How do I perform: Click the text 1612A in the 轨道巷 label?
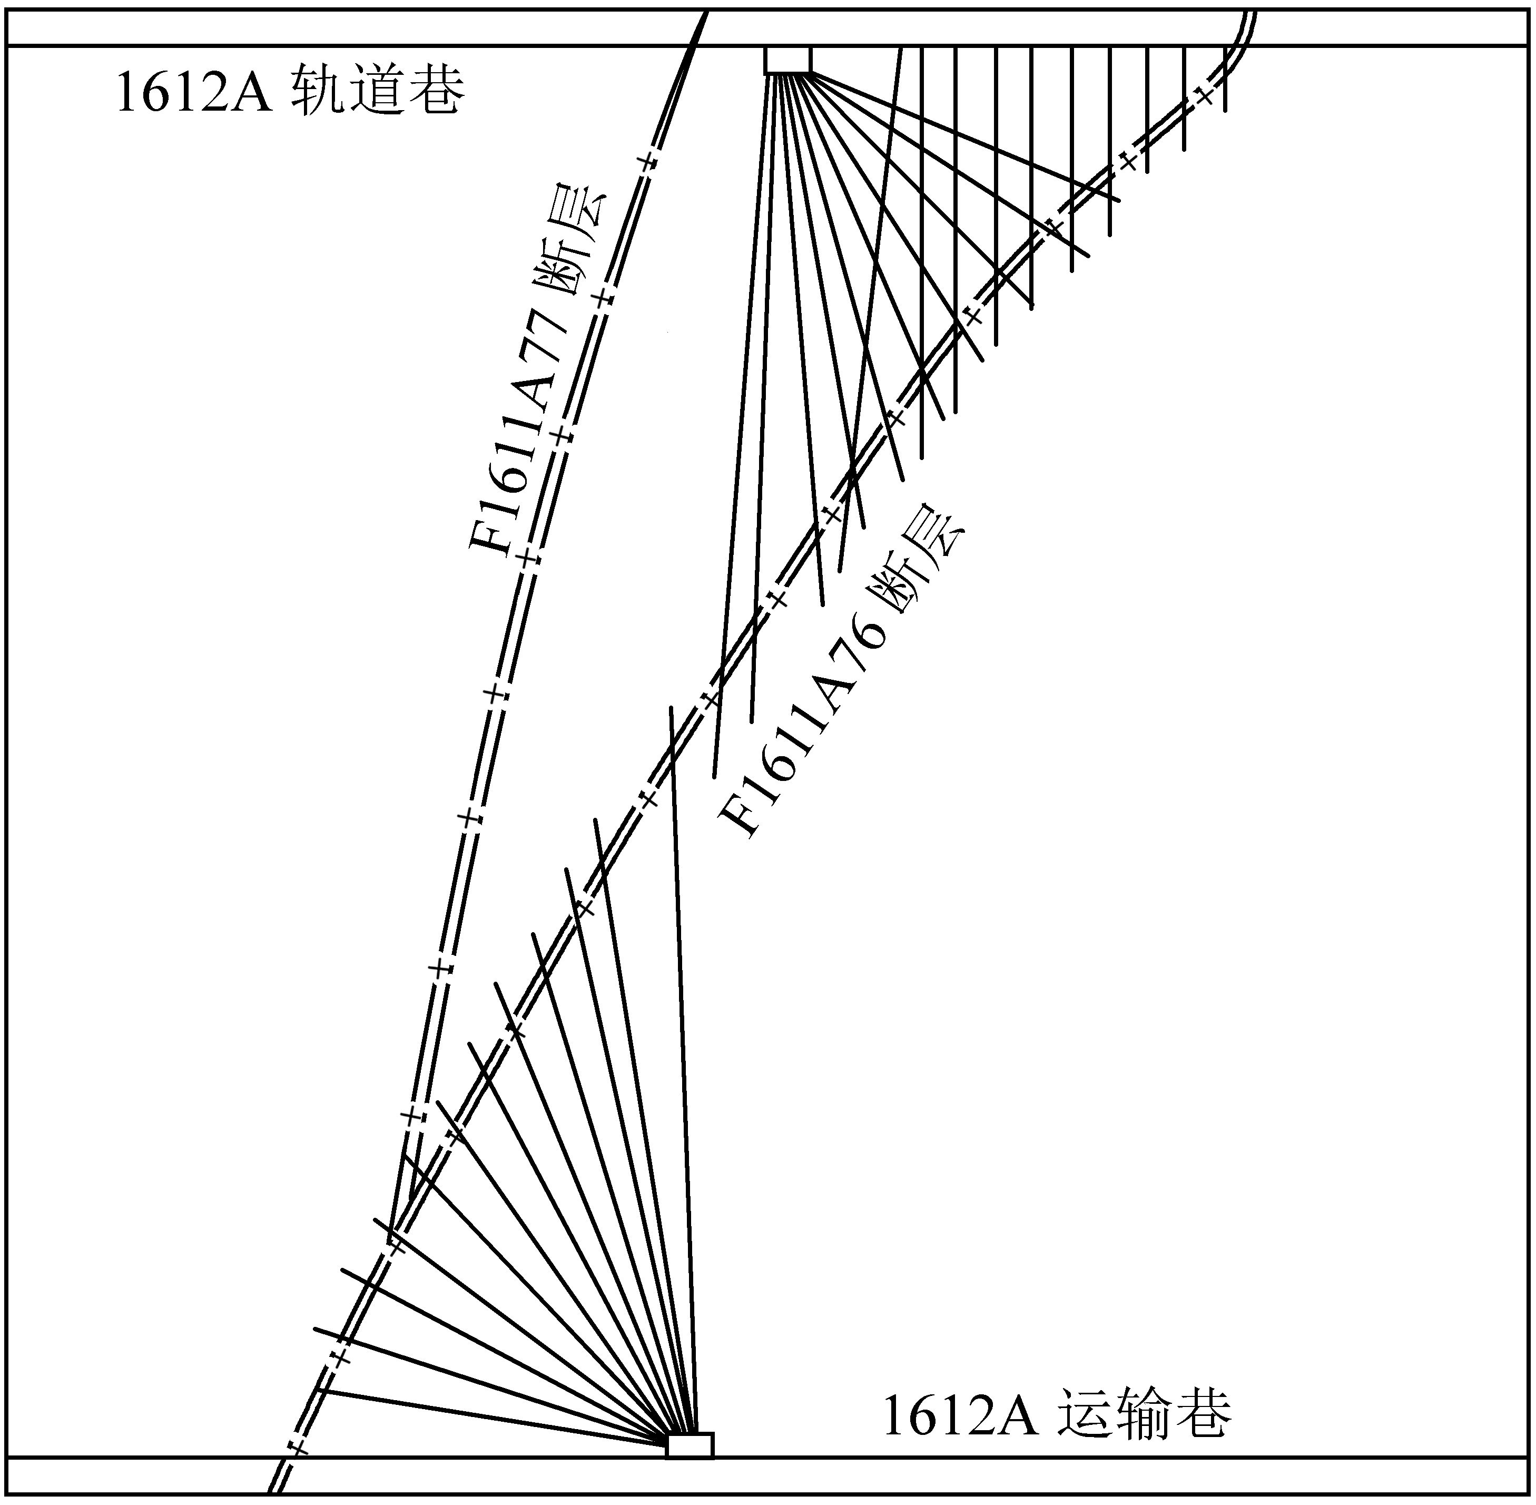coord(194,93)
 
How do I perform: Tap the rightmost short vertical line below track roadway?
coord(1225,79)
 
